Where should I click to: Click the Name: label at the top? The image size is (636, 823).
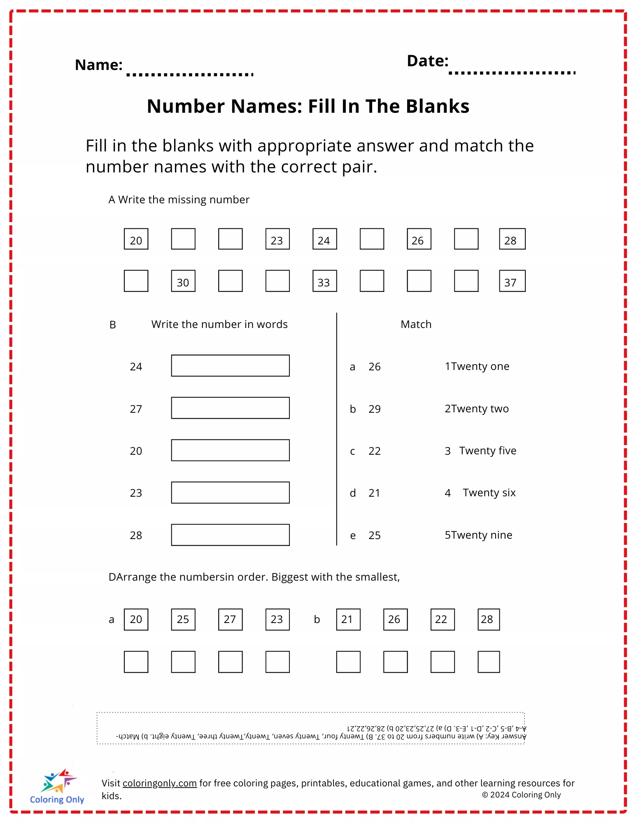(98, 65)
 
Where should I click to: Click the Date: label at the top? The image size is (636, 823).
(427, 61)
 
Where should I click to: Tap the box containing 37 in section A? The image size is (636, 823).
(512, 281)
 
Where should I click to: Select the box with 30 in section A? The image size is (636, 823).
(183, 281)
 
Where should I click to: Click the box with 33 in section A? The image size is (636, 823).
(324, 281)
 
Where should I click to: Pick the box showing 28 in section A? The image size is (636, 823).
(512, 239)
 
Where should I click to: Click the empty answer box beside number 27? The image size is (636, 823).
(230, 408)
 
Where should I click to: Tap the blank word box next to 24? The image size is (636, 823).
(230, 366)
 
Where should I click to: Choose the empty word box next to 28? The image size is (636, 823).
(230, 535)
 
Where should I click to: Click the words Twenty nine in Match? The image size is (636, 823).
(481, 535)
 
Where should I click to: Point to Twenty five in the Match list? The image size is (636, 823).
(487, 451)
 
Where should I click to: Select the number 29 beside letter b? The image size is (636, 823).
(374, 409)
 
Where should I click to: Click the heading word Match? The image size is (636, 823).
(416, 324)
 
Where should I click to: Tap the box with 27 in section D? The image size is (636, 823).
(230, 620)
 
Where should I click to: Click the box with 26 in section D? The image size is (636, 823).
(395, 620)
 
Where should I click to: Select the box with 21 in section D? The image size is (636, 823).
(348, 620)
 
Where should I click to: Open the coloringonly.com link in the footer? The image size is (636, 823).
(159, 783)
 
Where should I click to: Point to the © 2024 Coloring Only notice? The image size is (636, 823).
(521, 795)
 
